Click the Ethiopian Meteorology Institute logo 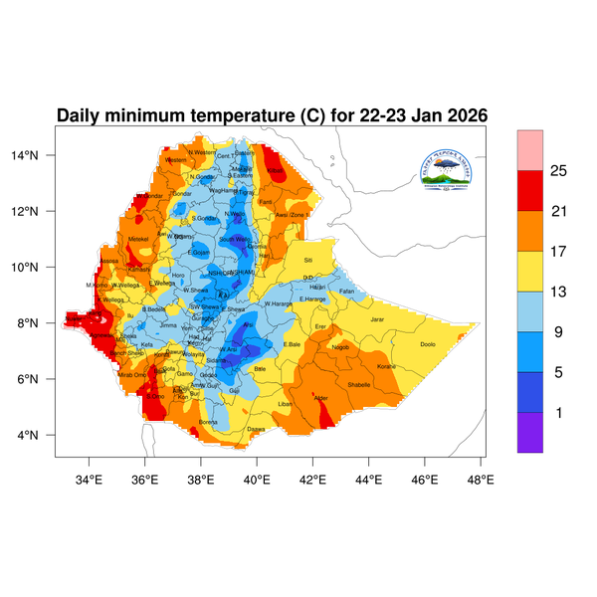pos(453,168)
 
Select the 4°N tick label pos(41,435)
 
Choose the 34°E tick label pos(91,479)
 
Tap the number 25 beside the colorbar pos(559,171)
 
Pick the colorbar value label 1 pos(558,412)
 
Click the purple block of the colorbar pos(530,433)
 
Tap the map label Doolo pos(428,344)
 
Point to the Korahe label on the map pos(387,367)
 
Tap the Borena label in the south pos(208,422)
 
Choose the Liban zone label pos(286,404)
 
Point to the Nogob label pos(341,347)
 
